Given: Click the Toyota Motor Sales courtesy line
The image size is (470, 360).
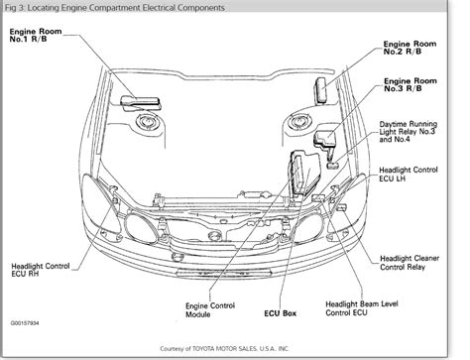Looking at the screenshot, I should (235, 350).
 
